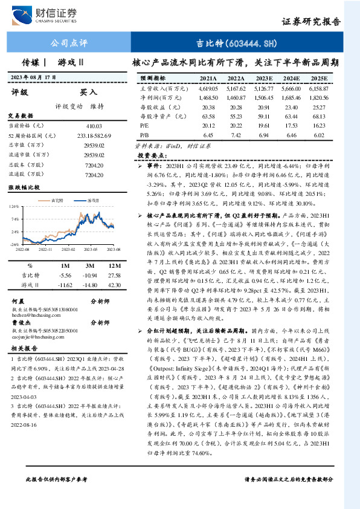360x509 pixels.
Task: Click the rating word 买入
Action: coord(89,92)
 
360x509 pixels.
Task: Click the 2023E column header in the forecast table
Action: coord(265,79)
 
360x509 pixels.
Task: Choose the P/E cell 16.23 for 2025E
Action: coord(318,125)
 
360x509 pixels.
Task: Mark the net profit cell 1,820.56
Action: coord(318,97)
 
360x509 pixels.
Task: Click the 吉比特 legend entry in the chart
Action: coord(55,199)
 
